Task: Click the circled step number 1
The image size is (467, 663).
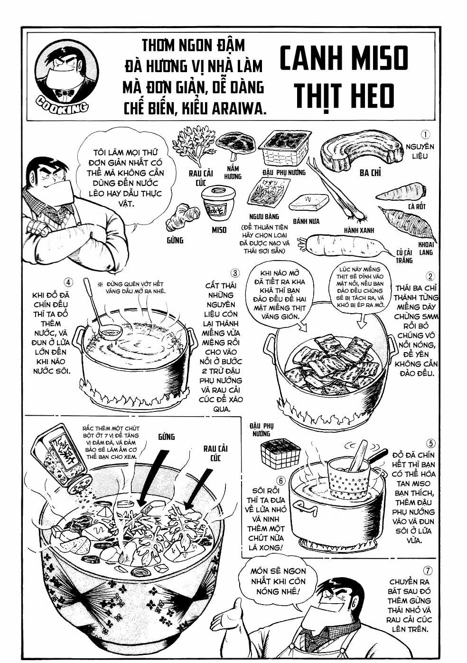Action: click(x=426, y=135)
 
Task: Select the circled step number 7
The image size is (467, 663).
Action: click(x=428, y=570)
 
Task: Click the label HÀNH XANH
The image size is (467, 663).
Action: click(x=359, y=230)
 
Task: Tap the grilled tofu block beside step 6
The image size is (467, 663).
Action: click(x=280, y=453)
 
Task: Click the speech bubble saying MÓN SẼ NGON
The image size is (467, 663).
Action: click(x=278, y=581)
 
